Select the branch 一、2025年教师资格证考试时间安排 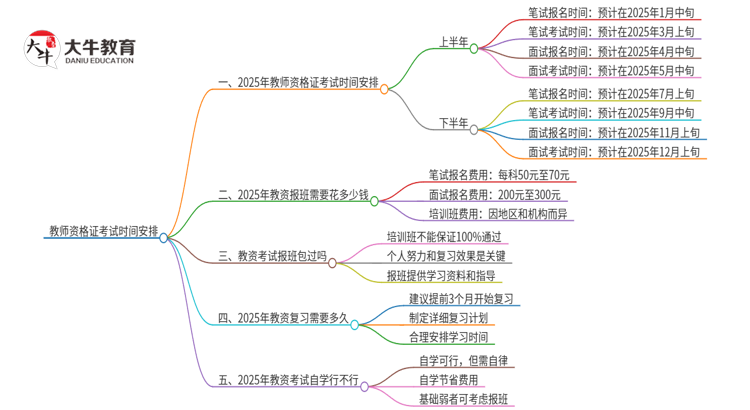pos(296,84)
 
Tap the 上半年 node pos(453,42)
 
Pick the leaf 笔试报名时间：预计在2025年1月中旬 pos(613,13)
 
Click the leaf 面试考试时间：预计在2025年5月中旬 pos(613,71)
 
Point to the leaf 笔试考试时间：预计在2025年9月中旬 pos(613,112)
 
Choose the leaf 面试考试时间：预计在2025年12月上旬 pos(613,152)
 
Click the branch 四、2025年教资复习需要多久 pos(283,318)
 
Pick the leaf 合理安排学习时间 pos(450,337)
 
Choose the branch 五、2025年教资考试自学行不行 pos(289,380)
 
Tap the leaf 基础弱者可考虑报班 pos(463,400)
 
